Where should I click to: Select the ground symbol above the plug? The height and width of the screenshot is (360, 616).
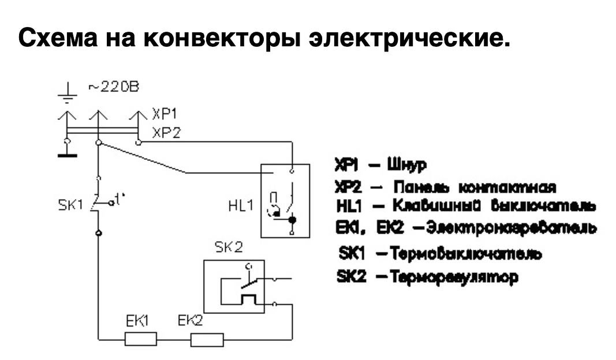[69, 93]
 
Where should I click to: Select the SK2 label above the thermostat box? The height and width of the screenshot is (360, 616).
[228, 248]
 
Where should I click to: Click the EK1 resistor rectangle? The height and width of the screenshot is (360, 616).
[141, 340]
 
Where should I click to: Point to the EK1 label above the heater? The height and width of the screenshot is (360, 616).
[139, 322]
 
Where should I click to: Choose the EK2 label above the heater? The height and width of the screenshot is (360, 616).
[190, 321]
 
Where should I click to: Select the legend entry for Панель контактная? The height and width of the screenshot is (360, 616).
[445, 186]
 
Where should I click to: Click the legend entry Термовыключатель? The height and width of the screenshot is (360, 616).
[438, 254]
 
